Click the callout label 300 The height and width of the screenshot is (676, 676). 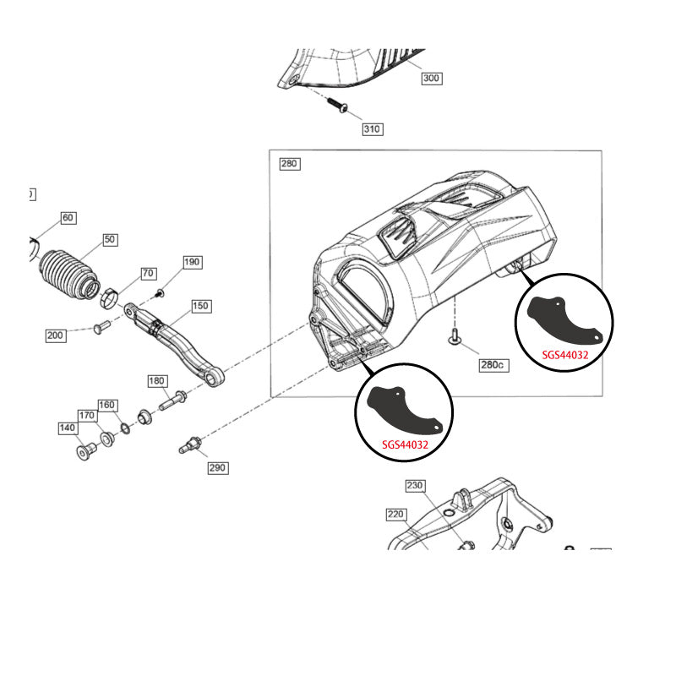[x=432, y=79]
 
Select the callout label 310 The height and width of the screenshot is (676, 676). [x=372, y=129]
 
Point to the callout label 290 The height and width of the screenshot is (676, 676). [x=217, y=467]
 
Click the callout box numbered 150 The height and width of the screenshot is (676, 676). [x=200, y=306]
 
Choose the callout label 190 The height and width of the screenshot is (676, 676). [x=193, y=262]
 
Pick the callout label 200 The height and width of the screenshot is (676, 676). [x=56, y=335]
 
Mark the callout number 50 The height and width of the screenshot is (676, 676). [x=110, y=240]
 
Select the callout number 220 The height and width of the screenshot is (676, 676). [x=396, y=513]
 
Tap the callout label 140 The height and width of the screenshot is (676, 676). [x=68, y=428]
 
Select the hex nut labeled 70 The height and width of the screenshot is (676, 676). [x=108, y=297]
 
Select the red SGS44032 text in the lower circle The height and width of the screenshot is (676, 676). [x=405, y=444]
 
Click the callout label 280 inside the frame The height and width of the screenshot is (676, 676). [x=290, y=164]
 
